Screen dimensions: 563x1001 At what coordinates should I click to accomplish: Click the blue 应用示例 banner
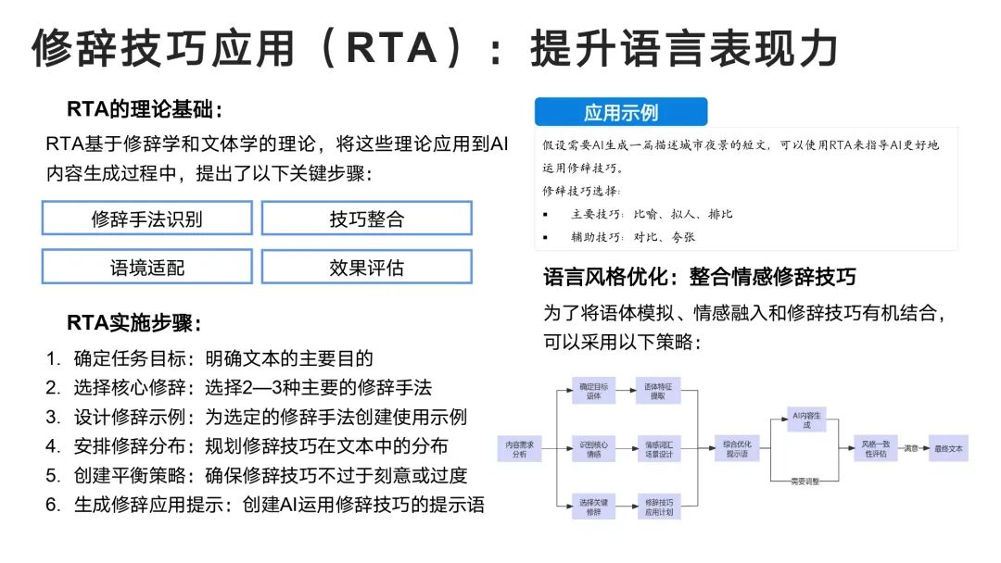(x=620, y=112)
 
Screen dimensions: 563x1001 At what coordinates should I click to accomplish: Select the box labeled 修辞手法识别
(x=146, y=219)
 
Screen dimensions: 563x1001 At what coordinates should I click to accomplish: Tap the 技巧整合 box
(x=366, y=219)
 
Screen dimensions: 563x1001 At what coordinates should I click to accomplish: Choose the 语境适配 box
(x=146, y=267)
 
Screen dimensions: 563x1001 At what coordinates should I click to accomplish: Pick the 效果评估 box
(x=366, y=267)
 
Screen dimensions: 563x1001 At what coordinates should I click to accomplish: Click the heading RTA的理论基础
(x=145, y=109)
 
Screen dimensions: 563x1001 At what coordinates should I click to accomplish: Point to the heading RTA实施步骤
(x=133, y=323)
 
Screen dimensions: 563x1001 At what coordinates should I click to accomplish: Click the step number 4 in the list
(x=53, y=446)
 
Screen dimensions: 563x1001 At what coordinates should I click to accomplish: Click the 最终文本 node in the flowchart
(x=948, y=449)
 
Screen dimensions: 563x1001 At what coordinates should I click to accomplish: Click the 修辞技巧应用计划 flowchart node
(x=658, y=506)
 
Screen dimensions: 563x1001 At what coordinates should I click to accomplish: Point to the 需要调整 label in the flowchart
(x=805, y=482)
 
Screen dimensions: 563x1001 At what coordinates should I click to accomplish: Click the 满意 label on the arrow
(x=911, y=449)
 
